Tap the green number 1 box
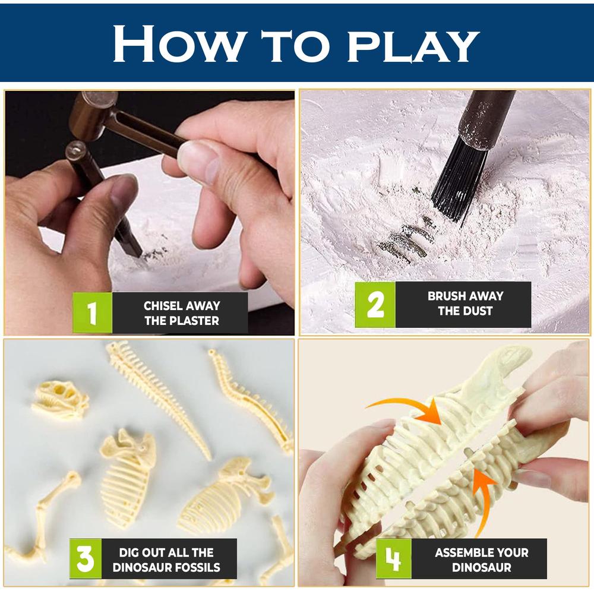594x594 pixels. coord(92,313)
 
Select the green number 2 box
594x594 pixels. coord(375,304)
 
